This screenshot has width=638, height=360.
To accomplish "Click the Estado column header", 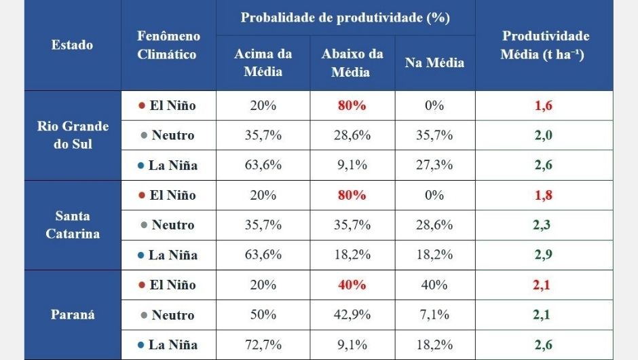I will (x=72, y=46).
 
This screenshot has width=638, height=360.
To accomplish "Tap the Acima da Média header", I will (x=263, y=62).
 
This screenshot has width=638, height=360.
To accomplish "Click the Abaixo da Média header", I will (x=352, y=62).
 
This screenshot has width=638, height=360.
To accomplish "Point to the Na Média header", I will (x=434, y=62).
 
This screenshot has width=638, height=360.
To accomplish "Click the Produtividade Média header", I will (x=544, y=46).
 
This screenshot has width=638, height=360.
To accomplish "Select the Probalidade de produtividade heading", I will (x=345, y=18).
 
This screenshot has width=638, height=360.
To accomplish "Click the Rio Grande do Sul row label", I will (x=73, y=135).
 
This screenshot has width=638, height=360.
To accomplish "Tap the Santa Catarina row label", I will (x=73, y=225).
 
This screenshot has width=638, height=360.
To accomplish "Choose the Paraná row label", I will (x=73, y=314).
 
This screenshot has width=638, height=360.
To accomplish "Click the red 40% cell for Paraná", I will (x=352, y=285).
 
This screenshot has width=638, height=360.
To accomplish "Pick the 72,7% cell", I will (x=263, y=345).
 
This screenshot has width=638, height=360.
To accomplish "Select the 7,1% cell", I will (x=434, y=315).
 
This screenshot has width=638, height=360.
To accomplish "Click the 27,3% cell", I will (x=434, y=165).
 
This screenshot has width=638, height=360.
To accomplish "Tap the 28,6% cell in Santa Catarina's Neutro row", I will (x=434, y=225).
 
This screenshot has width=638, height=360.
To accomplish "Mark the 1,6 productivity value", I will (x=543, y=105).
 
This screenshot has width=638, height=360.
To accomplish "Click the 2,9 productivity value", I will (x=543, y=255).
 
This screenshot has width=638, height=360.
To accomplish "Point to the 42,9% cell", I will (x=352, y=315).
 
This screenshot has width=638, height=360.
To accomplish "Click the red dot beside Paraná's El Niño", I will (x=141, y=285).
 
